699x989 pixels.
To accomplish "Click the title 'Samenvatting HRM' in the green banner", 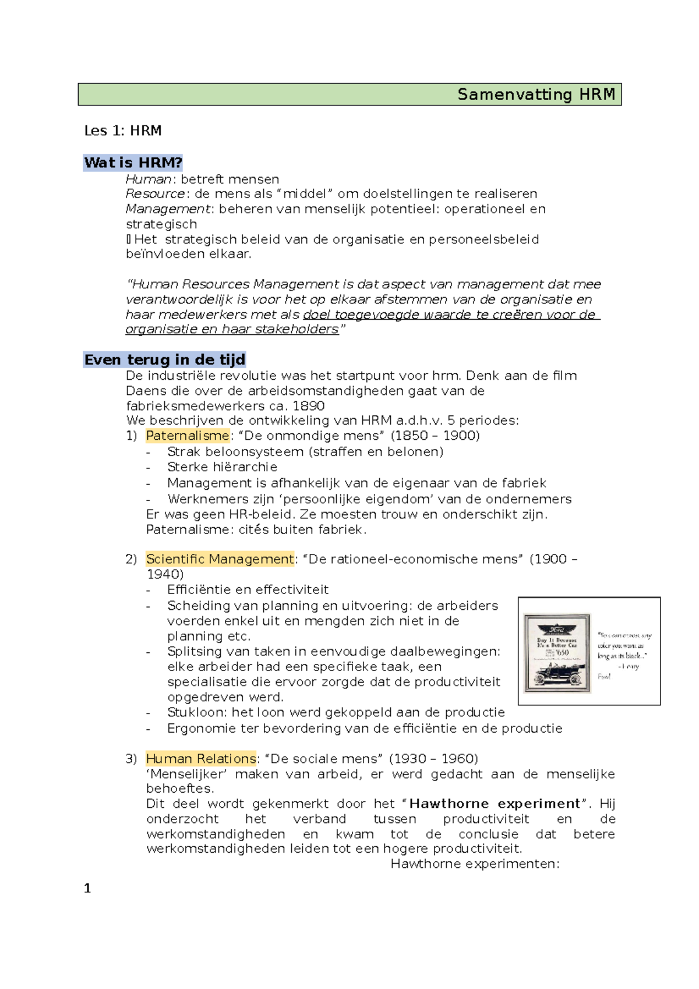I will tap(536, 94).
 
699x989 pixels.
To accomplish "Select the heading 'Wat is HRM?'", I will tap(133, 163).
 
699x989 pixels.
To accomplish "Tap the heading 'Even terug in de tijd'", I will tap(165, 360).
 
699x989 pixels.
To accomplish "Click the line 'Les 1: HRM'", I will tap(123, 130).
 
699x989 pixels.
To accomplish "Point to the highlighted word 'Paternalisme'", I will tap(188, 436).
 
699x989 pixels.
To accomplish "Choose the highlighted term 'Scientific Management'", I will tap(220, 559).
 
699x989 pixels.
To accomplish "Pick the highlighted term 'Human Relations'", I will tap(201, 759).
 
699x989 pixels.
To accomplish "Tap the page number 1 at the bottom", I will tap(87, 888).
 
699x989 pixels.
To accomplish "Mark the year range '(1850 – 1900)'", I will tap(435, 436).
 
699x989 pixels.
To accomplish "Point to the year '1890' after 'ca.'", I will tap(309, 406).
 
